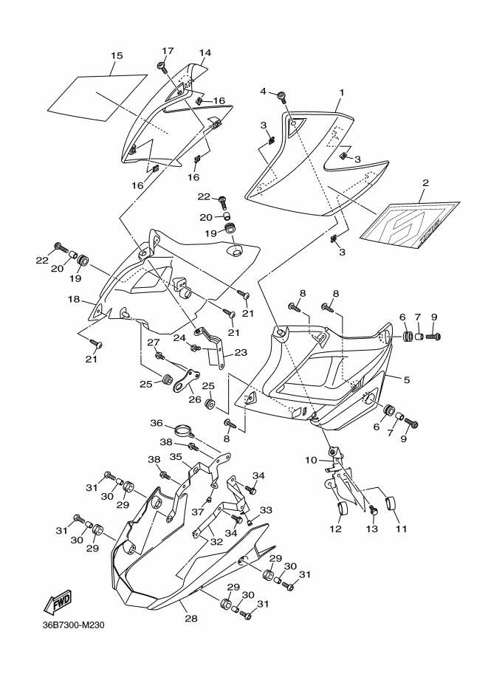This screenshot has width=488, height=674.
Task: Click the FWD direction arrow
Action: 57,602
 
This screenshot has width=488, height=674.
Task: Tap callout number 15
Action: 117,55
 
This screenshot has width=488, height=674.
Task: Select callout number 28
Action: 191,619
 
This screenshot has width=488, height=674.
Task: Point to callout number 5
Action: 407,379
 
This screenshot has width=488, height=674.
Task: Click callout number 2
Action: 426,182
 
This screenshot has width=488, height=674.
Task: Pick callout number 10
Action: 311,460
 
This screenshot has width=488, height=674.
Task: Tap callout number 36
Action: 156,423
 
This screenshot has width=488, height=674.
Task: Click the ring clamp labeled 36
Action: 183,430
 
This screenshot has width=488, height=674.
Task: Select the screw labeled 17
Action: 162,66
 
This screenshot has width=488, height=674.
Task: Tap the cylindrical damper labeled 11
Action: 392,503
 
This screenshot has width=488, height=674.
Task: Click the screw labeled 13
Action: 373,510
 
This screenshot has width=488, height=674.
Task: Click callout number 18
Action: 75,299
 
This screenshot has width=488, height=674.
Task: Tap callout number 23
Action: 241,352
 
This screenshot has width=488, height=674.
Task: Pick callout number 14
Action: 205,52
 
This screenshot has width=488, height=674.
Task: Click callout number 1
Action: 342,92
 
